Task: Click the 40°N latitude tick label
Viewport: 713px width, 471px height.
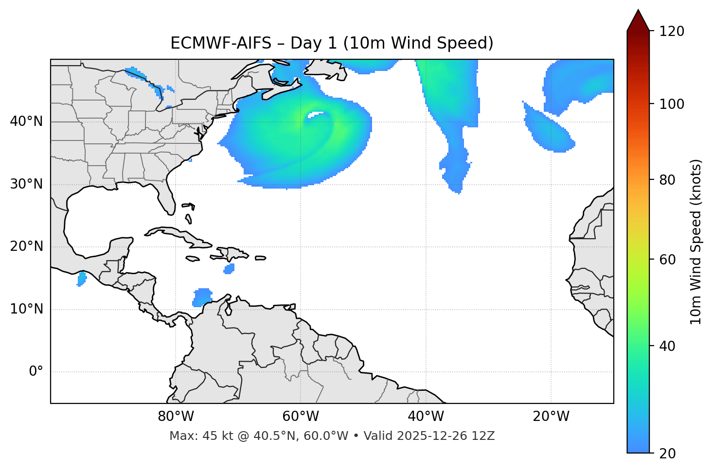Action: [26, 122]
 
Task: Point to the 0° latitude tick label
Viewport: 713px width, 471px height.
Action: [36, 372]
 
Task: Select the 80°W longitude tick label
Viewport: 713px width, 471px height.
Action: [176, 417]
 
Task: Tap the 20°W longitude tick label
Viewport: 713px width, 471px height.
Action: [551, 417]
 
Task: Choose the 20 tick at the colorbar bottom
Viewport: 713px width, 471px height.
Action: [670, 454]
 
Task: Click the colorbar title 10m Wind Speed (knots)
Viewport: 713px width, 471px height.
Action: [696, 242]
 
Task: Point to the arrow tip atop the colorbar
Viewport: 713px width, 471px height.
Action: [638, 11]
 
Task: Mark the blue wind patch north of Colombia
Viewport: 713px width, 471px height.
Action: [202, 297]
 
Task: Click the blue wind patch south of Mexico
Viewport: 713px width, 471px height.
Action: [82, 279]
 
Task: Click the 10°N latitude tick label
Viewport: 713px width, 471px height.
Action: [26, 310]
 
